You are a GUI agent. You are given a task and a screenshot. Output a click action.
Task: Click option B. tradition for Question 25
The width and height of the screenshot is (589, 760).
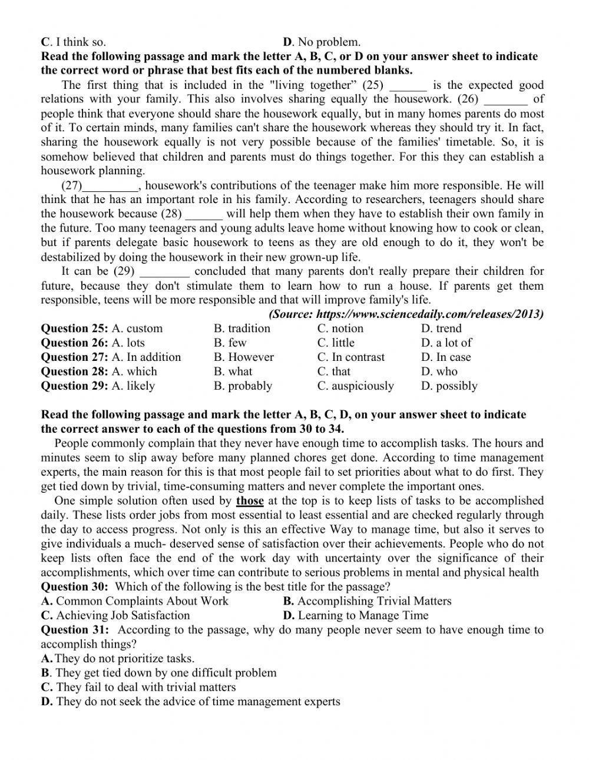[241, 328]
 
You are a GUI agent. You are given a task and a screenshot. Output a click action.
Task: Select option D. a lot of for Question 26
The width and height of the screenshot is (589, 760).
[446, 343]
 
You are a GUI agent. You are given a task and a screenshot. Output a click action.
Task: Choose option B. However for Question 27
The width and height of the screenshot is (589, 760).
[243, 357]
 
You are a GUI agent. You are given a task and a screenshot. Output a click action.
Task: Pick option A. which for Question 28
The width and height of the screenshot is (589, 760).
[134, 371]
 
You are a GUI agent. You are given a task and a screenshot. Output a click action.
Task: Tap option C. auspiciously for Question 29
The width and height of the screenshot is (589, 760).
[355, 386]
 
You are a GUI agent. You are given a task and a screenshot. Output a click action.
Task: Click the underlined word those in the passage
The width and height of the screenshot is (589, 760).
[250, 501]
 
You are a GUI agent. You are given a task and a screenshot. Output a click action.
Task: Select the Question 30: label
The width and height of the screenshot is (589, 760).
[75, 587]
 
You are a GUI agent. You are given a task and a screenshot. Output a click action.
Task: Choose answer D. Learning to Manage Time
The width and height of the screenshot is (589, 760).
[355, 616]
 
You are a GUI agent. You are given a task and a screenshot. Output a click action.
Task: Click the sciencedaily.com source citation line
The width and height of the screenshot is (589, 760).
[406, 314]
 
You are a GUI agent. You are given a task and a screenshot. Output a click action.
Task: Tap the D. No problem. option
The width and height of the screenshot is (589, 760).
[322, 42]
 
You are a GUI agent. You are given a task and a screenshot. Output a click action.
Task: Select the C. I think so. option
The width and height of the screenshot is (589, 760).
[74, 42]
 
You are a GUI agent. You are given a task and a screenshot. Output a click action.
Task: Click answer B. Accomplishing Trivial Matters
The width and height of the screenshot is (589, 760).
[367, 601]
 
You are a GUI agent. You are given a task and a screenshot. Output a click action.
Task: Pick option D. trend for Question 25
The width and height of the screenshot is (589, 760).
[441, 328]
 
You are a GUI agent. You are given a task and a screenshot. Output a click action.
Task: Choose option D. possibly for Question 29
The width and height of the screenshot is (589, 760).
[449, 386]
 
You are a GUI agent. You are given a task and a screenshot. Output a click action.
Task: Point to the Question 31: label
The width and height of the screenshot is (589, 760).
[75, 630]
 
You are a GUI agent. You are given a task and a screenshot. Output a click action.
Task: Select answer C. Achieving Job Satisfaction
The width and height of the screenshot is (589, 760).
[115, 616]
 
